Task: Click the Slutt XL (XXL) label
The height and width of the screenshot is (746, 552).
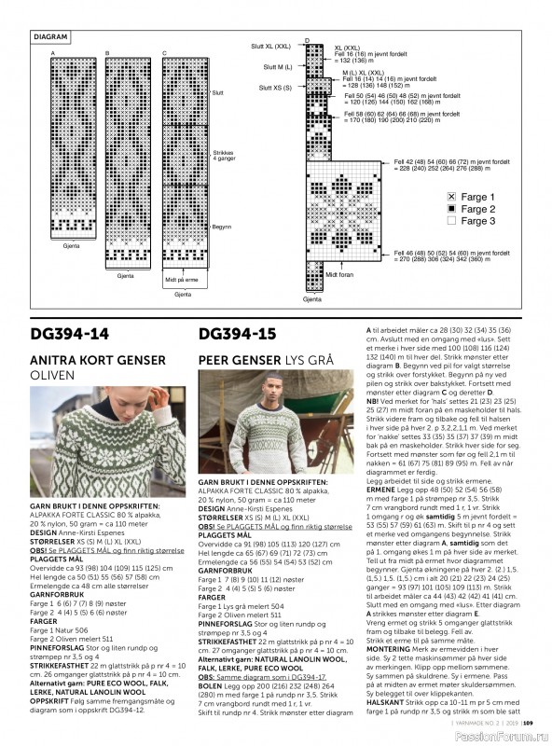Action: coord(270,45)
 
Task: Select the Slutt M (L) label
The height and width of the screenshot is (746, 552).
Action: coord(277,66)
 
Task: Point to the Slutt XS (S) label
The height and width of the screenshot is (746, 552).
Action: coord(275,87)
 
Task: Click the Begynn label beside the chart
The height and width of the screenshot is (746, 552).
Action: coord(222,228)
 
